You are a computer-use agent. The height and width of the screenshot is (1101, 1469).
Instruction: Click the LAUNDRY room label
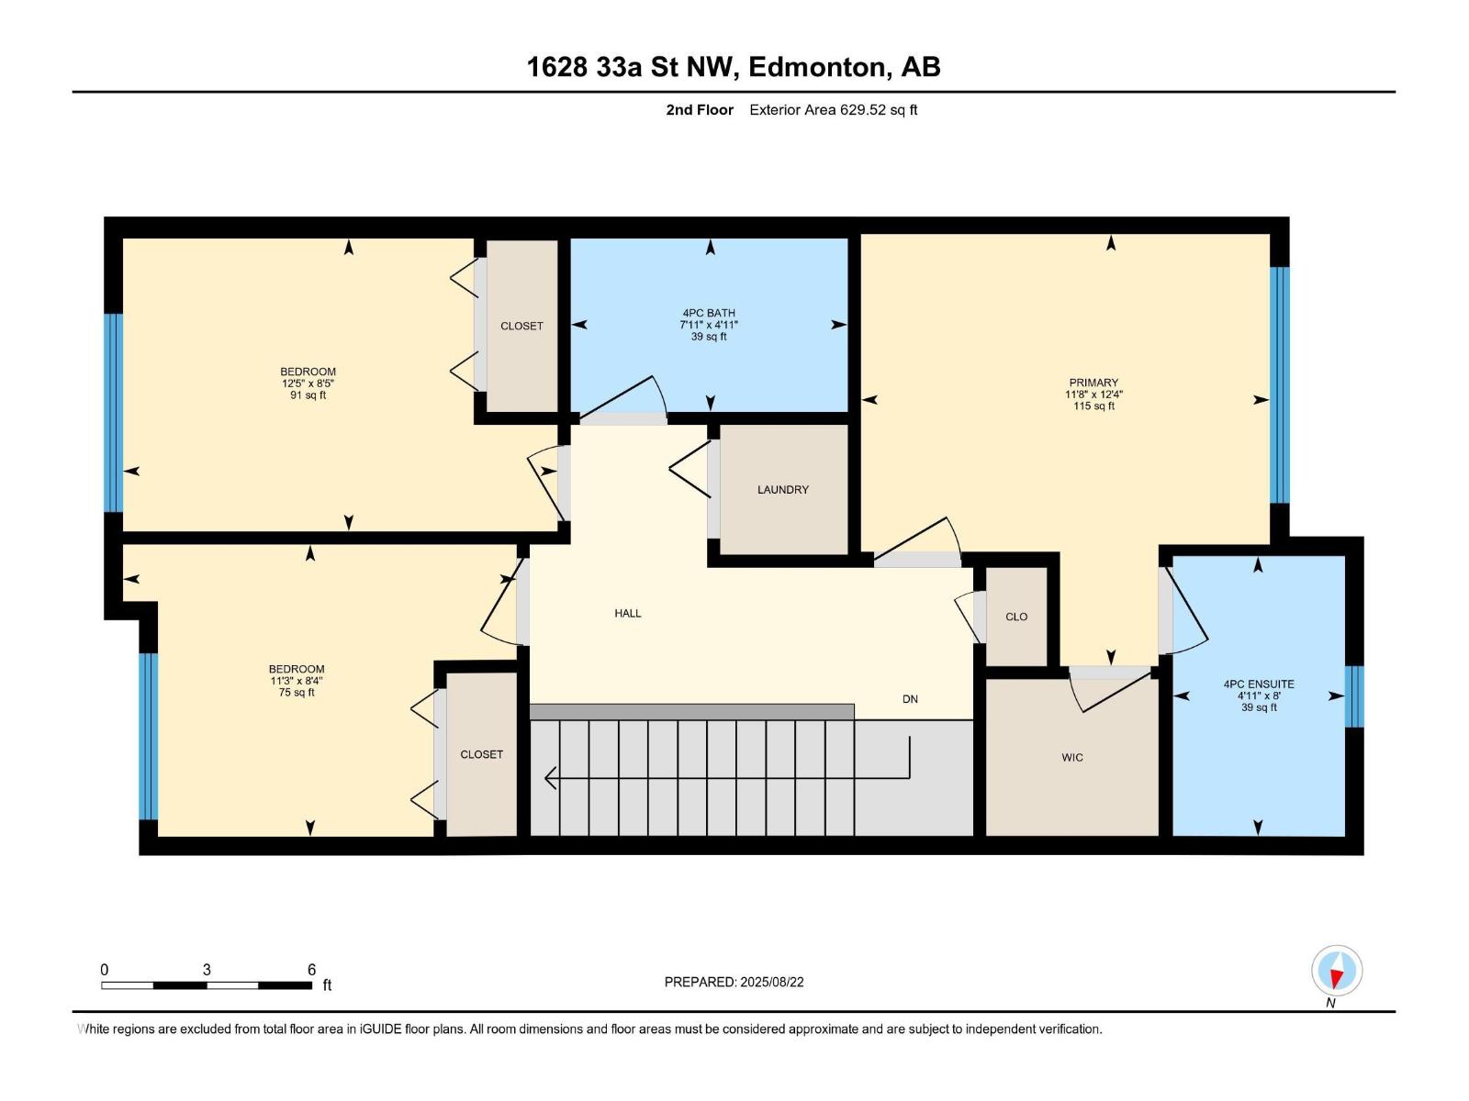[782, 490]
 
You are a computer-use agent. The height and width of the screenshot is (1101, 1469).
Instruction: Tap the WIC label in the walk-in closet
[1071, 758]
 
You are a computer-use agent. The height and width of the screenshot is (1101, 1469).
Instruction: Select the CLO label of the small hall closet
[1016, 617]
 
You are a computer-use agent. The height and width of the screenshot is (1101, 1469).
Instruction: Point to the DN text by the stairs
[910, 699]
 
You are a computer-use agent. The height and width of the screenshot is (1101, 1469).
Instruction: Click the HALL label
[628, 613]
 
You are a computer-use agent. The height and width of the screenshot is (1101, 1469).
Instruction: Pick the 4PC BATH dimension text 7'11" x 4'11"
[709, 325]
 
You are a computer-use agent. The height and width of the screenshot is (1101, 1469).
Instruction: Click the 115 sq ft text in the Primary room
[1093, 406]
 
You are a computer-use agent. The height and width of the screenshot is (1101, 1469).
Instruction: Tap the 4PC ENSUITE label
[1258, 684]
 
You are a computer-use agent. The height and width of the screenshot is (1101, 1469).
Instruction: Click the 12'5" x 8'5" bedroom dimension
[308, 384]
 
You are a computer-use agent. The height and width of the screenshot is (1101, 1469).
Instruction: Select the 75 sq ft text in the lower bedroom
[297, 693]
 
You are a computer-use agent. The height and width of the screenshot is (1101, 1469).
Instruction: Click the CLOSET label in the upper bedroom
[521, 326]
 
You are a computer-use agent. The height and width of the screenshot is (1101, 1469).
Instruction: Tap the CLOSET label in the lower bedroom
[481, 754]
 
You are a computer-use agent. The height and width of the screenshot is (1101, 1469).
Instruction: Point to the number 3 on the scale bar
[207, 970]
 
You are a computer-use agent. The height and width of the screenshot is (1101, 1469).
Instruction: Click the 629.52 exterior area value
[863, 110]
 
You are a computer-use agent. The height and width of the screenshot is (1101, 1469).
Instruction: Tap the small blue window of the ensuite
[1353, 696]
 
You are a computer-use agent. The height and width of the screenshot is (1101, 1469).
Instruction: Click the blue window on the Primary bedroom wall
[1279, 385]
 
